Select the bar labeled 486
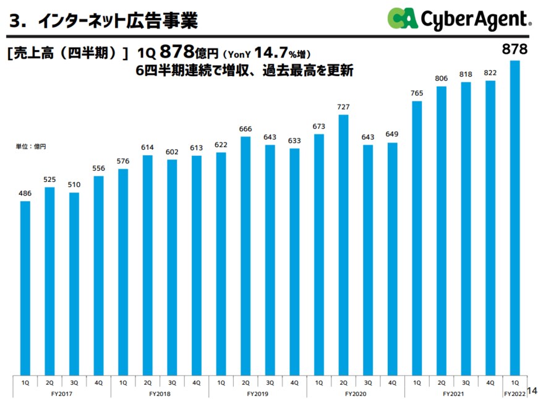tap(25, 288)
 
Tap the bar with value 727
tap(344, 244)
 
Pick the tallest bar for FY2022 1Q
tap(515, 217)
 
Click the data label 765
tap(417, 93)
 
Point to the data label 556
tap(99, 168)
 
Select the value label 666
tap(246, 129)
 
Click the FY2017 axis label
tap(62, 393)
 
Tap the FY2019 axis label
tap(258, 393)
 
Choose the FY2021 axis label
tap(454, 393)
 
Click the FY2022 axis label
tap(515, 393)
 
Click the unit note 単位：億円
tap(31, 147)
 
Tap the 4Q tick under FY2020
tap(393, 383)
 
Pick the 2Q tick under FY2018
tap(148, 383)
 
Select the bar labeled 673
tap(319, 254)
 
